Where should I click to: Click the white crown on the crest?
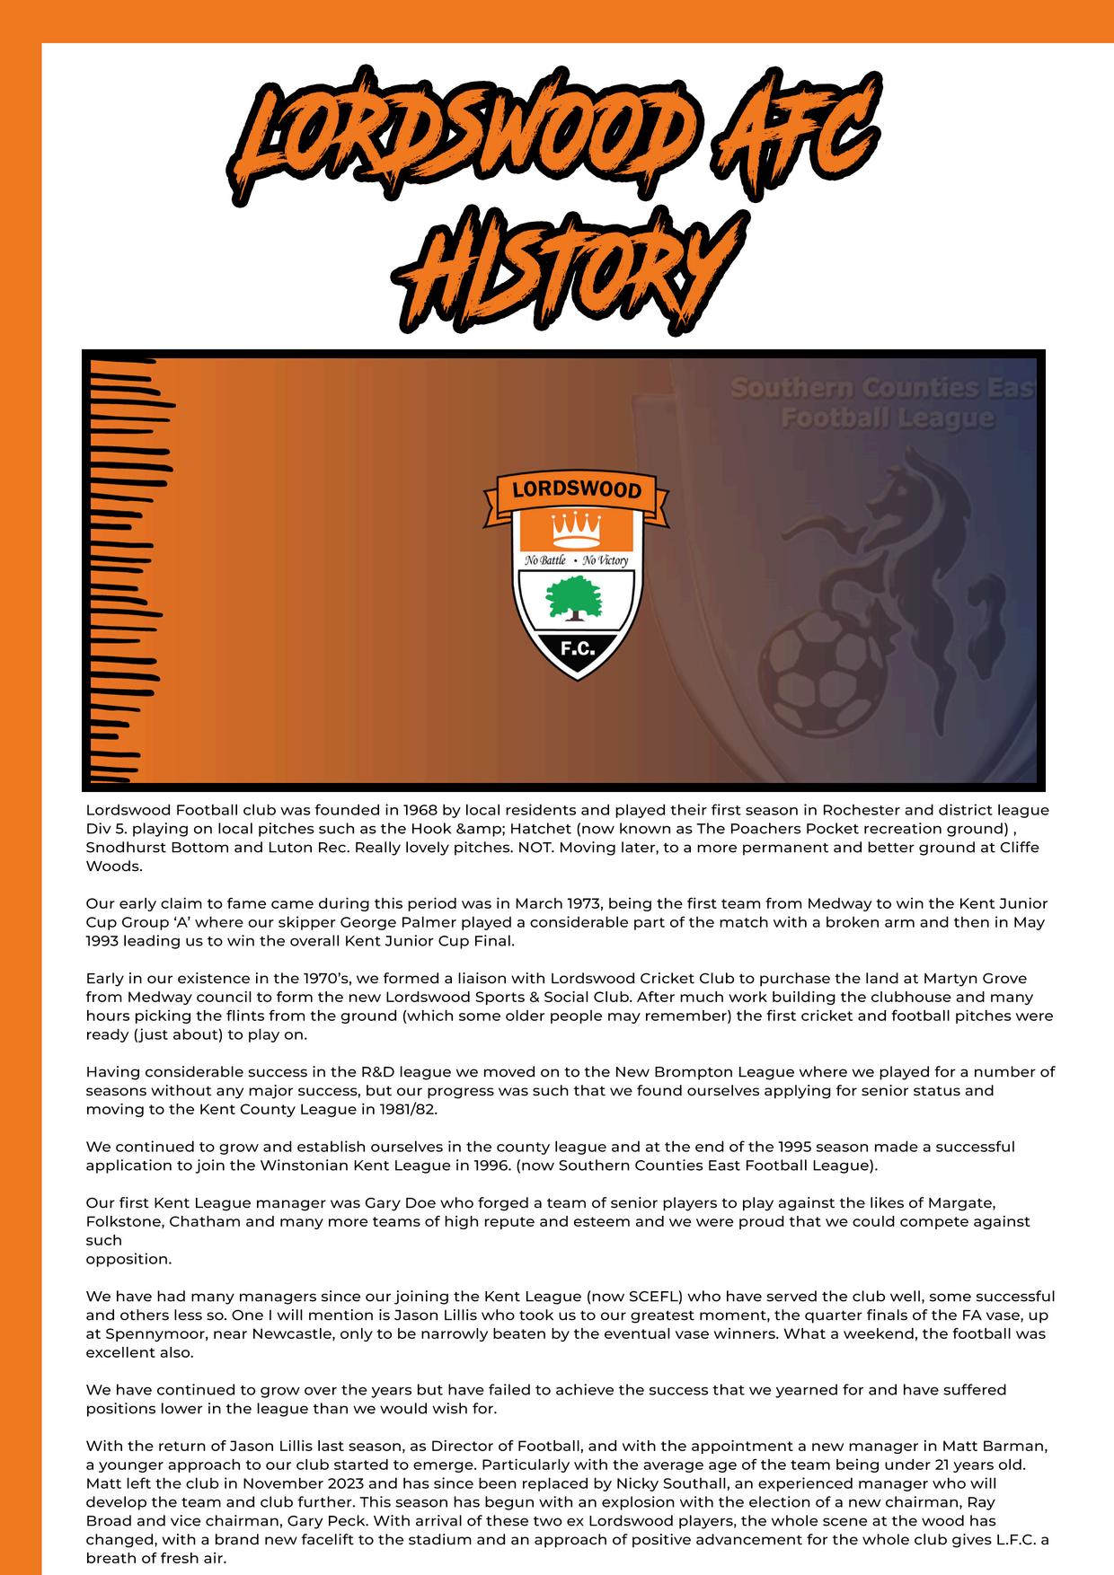pyautogui.click(x=576, y=529)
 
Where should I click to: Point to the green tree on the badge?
pyautogui.click(x=575, y=598)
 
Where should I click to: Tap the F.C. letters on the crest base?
pyautogui.click(x=576, y=648)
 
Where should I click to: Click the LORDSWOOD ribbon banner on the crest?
pyautogui.click(x=576, y=490)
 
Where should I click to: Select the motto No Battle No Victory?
pyautogui.click(x=576, y=560)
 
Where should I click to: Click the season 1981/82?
pyautogui.click(x=408, y=1109)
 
